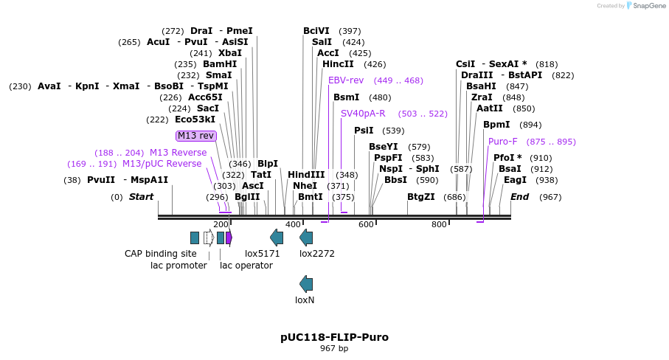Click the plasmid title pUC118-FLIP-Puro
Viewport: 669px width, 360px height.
(x=334, y=337)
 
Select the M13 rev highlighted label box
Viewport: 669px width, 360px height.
(x=195, y=136)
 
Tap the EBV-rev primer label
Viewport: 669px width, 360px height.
(x=346, y=80)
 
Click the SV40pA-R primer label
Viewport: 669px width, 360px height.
(x=363, y=114)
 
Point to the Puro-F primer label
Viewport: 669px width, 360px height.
(x=502, y=142)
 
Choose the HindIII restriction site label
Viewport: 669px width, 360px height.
(x=306, y=175)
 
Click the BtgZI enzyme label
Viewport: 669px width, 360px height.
(x=420, y=197)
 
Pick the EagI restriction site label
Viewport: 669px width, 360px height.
(x=515, y=180)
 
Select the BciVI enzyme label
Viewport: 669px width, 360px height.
(x=316, y=31)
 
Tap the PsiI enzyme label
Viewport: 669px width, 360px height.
(x=364, y=131)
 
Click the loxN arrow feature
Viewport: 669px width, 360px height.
(x=306, y=284)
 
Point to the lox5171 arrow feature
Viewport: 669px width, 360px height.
(x=277, y=238)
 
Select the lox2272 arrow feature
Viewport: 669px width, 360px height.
(x=306, y=238)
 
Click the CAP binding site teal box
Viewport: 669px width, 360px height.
(x=195, y=238)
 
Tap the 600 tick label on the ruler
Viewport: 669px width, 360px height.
(x=366, y=224)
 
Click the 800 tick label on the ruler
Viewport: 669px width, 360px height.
(x=439, y=224)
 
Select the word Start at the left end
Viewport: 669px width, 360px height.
(x=141, y=197)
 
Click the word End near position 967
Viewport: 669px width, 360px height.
(x=519, y=197)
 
